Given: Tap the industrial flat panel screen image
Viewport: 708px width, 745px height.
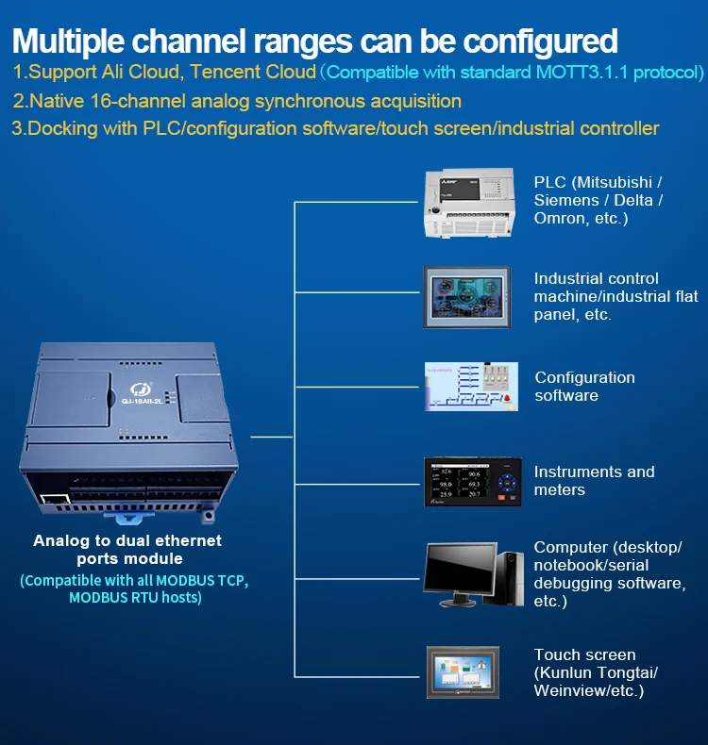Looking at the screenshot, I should click(466, 296).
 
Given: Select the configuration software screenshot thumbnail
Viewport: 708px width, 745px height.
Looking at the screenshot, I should click(469, 387).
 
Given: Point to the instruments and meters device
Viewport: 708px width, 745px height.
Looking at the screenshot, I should click(472, 481).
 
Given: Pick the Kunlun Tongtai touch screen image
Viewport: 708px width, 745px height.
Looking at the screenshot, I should click(466, 671).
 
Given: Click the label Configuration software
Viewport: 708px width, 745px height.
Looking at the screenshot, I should click(584, 387).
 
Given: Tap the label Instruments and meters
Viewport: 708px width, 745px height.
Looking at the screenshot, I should click(594, 481).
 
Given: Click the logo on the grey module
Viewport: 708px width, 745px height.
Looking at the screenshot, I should click(138, 386).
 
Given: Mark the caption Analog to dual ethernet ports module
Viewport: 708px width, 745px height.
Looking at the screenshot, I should click(127, 550).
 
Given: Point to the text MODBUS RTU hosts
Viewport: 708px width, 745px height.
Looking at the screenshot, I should click(135, 598).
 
